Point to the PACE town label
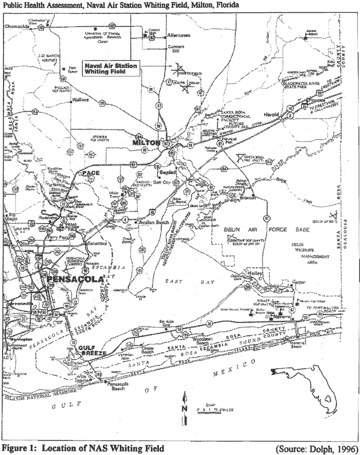pyautogui.click(x=90, y=172)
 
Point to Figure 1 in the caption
pyautogui.click(x=21, y=447)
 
